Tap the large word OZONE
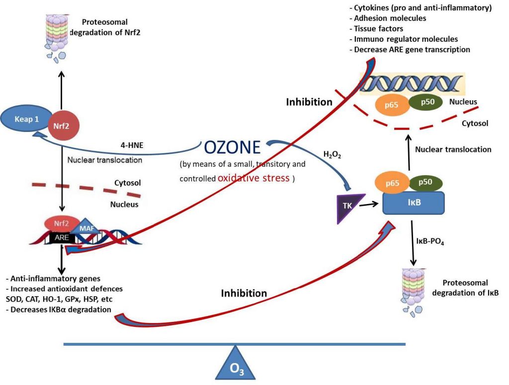point(232,148)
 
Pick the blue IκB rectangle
point(413,203)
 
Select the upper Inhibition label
point(309,102)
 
